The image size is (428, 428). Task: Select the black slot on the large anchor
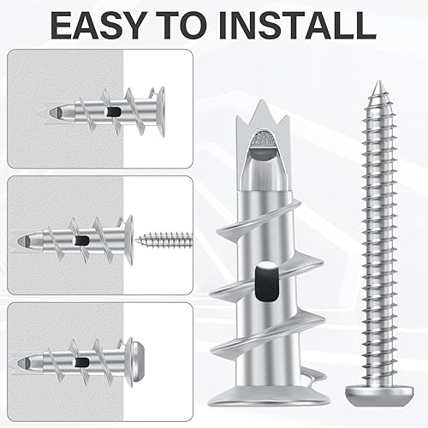[267, 281]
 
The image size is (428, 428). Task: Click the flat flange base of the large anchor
[269, 396]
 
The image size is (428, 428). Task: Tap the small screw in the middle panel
[164, 240]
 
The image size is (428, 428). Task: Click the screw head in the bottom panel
[140, 363]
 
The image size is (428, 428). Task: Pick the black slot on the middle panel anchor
[81, 241]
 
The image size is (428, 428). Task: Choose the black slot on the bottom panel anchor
[81, 363]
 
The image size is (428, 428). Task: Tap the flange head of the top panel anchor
[160, 111]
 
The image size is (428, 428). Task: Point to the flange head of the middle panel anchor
[128, 241]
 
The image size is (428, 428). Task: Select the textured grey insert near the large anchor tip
[263, 138]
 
